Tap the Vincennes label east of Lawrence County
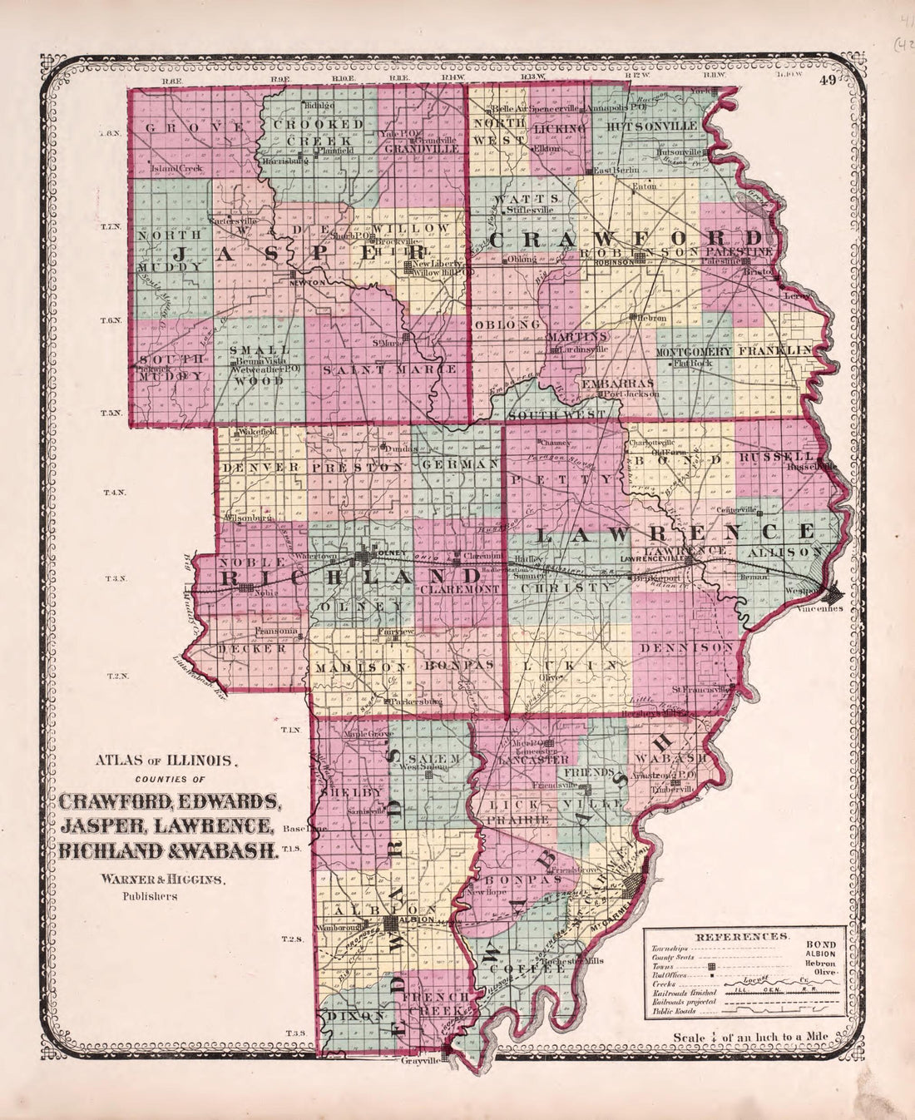824,608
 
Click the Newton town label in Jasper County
305,282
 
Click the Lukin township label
565,666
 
